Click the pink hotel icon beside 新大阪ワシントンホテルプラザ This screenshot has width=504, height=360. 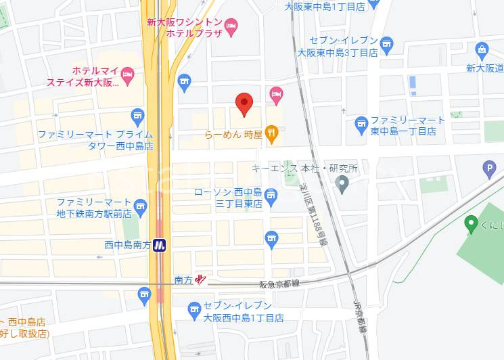click(x=231, y=26)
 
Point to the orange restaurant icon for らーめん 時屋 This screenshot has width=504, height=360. click(x=271, y=134)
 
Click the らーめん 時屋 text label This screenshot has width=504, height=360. click(x=233, y=135)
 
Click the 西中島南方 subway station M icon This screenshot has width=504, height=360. click(x=160, y=245)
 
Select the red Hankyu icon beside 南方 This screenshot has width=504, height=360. click(x=200, y=279)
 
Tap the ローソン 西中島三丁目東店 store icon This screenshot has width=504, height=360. click(x=271, y=197)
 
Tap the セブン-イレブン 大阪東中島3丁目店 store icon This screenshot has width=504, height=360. click(x=387, y=44)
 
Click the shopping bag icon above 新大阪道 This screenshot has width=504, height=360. click(x=481, y=49)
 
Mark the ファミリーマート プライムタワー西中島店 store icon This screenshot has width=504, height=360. click(x=138, y=116)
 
